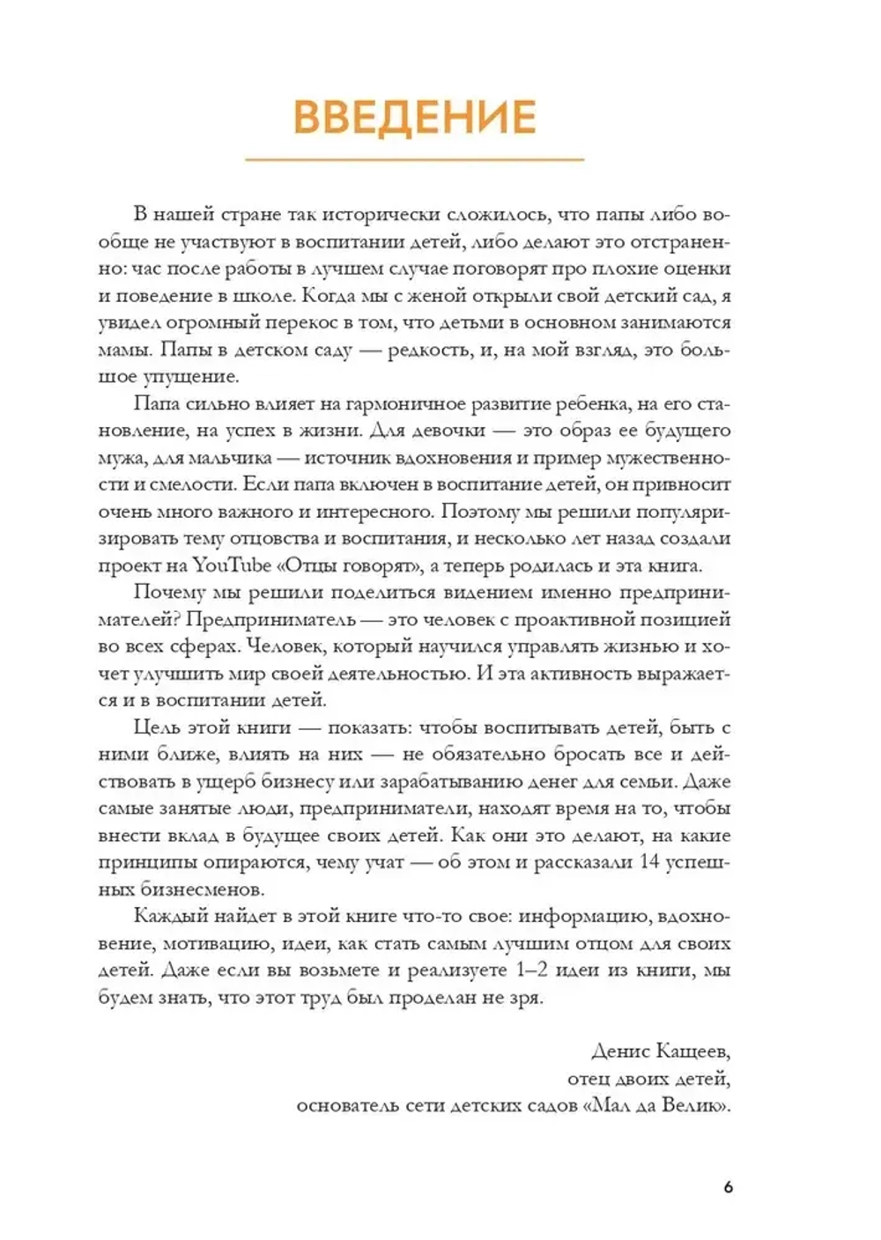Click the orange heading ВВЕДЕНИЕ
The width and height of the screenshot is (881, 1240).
[414, 117]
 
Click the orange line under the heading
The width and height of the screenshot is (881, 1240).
[414, 159]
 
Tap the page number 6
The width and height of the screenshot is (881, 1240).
[728, 1187]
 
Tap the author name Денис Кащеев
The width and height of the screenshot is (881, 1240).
[662, 1051]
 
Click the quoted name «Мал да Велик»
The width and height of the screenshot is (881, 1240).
[656, 1105]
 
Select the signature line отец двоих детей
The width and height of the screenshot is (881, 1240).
[649, 1078]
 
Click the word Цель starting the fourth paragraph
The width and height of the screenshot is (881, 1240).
[159, 727]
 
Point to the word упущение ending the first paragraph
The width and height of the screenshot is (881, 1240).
[189, 377]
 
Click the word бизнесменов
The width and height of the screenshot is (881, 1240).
[193, 889]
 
